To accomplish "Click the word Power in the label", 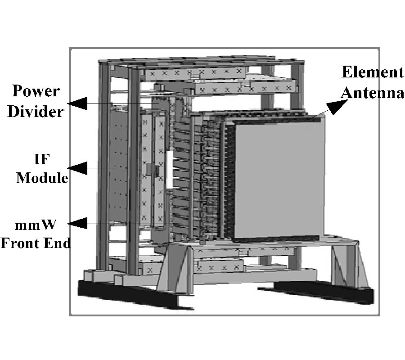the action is pyautogui.click(x=36, y=91).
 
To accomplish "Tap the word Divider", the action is pyautogui.click(x=36, y=112).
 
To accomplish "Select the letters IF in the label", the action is pyautogui.click(x=41, y=159).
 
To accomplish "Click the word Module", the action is pyautogui.click(x=42, y=178).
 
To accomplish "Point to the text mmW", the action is pyautogui.click(x=35, y=225).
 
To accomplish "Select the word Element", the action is pyautogui.click(x=373, y=72).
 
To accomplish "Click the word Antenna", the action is pyautogui.click(x=372, y=93).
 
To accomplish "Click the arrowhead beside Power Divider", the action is pyautogui.click(x=77, y=103).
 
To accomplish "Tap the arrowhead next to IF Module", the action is pyautogui.click(x=77, y=168).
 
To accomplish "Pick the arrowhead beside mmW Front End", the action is pyautogui.click(x=77, y=223).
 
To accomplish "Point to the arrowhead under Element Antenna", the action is pyautogui.click(x=336, y=106).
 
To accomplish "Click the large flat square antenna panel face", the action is pyautogui.click(x=279, y=179).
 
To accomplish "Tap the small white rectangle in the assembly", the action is pyautogui.click(x=170, y=169).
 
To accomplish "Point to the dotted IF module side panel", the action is pyautogui.click(x=118, y=165).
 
